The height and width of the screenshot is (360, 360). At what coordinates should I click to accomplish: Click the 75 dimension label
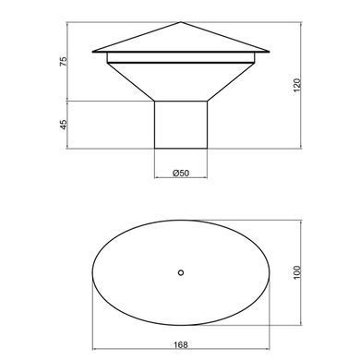coord(63,61)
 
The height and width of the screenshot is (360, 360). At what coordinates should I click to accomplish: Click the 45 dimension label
coord(63,125)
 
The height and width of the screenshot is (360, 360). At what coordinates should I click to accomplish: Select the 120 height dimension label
coord(297,85)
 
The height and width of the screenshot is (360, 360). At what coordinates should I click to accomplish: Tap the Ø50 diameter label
coord(181,173)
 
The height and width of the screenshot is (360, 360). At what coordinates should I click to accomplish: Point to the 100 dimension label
coord(297,272)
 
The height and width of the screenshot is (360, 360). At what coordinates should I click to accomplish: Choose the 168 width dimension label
coord(181,344)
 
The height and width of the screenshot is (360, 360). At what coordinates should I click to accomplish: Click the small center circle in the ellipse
coord(181,272)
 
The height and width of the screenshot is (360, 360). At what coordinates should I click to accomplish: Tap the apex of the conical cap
coord(181,22)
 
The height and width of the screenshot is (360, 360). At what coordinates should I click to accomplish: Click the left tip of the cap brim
coord(92,52)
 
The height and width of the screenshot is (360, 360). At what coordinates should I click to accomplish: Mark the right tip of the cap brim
coord(270,52)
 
